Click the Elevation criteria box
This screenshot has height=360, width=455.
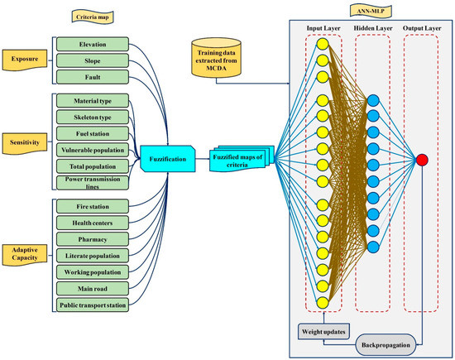click(x=91, y=44)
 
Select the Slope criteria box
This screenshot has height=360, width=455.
click(x=91, y=60)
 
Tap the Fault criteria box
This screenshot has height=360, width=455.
click(x=91, y=77)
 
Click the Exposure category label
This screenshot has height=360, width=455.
click(x=23, y=60)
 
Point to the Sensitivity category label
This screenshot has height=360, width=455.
click(x=23, y=142)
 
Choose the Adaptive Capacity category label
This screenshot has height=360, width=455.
click(x=24, y=252)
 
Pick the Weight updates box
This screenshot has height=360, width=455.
click(x=323, y=330)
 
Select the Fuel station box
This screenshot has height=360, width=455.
click(x=91, y=133)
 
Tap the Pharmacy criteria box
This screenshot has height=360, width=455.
click(x=91, y=240)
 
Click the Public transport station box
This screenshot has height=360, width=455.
click(x=91, y=306)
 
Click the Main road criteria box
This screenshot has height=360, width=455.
click(x=91, y=290)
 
